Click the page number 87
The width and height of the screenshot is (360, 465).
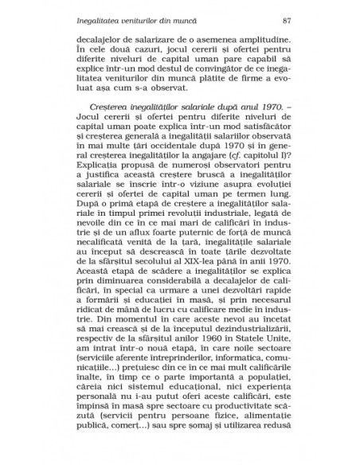(276, 18)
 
